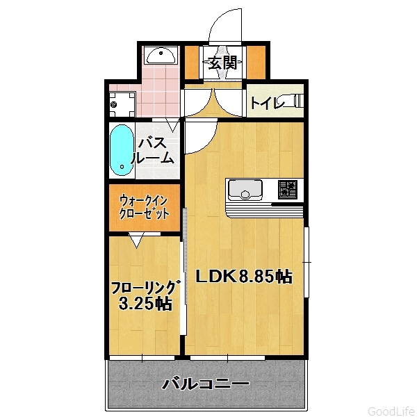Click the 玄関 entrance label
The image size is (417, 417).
[222, 63]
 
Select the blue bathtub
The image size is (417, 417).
[122, 150]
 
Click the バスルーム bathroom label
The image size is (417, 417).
[153, 151]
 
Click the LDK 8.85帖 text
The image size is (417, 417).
[244, 277]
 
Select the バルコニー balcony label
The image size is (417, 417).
[206, 384]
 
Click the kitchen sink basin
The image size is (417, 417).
[245, 190]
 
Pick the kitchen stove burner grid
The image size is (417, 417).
[287, 190]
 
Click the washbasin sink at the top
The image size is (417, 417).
[161, 56]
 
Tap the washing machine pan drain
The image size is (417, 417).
[114, 104]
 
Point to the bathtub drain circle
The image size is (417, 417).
[122, 167]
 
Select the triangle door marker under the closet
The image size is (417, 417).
[137, 240]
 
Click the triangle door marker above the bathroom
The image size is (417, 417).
[172, 125]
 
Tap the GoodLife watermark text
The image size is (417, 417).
[392, 411]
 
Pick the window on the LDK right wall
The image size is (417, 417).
[306, 262]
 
